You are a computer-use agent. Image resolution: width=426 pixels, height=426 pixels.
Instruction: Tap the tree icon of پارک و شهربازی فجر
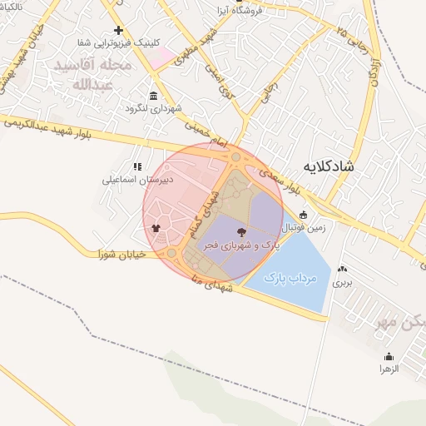[241, 232]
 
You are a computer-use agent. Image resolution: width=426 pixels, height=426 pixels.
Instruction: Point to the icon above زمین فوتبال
[303, 214]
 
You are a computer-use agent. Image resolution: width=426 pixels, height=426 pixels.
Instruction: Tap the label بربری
[343, 283]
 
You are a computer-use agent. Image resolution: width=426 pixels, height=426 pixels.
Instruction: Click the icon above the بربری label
[342, 270]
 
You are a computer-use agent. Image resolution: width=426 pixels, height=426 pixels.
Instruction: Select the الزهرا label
[389, 368]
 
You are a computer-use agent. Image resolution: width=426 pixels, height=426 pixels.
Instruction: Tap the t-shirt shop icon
[156, 226]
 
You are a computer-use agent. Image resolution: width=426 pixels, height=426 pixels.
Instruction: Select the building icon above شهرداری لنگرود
[152, 96]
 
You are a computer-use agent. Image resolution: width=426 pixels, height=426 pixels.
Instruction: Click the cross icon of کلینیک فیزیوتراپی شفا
[119, 30]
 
